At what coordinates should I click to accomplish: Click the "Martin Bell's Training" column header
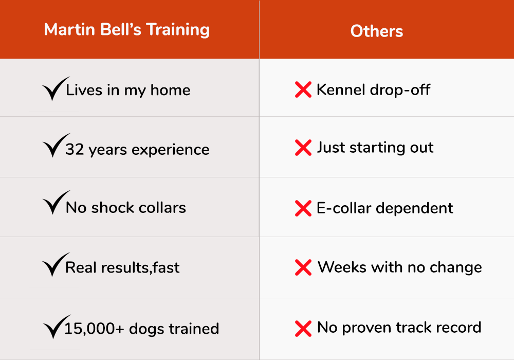point(127,30)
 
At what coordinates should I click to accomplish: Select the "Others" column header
point(377,31)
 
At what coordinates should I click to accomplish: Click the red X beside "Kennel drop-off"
point(303,90)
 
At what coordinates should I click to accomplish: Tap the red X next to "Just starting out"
point(303,148)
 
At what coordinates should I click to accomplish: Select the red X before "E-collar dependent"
point(303,208)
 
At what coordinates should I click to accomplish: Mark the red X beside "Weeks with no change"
point(303,267)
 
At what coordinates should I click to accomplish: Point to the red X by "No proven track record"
point(303,329)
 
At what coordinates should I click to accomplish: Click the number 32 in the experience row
point(75,150)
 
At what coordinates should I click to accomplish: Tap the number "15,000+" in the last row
point(94,329)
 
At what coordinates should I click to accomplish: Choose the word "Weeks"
point(342,267)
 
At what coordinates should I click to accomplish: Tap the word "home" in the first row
point(170,90)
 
